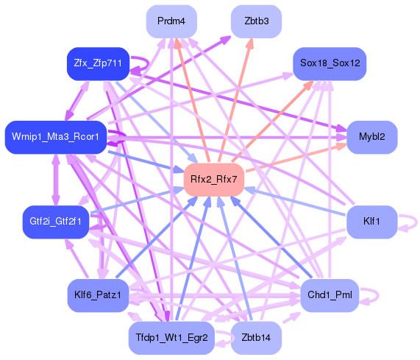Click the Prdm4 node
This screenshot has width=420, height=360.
coord(171,21)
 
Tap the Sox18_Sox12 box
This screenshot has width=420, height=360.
coord(329,64)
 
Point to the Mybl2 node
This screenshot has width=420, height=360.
coord(372,137)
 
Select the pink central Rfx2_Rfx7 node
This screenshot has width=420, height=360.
coord(213,179)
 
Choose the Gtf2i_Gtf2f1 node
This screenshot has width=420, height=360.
coord(56,220)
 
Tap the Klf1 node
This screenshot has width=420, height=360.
coord(371,220)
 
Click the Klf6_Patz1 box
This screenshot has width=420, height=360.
coord(98,294)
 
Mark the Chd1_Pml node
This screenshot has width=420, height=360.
coord(329,294)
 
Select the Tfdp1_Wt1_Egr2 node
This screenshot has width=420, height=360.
coord(171,338)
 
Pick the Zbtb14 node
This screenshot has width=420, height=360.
coord(255,338)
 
